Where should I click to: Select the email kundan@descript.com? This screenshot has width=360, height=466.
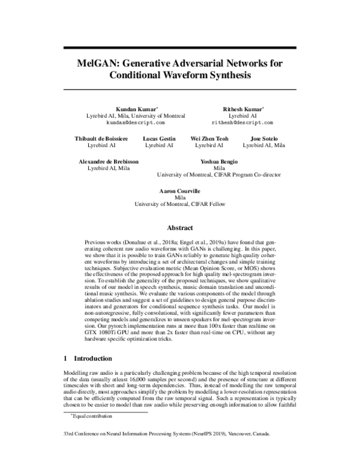click(135, 122)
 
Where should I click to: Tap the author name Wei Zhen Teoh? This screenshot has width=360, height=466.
click(209, 138)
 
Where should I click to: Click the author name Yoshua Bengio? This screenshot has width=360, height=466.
click(219, 162)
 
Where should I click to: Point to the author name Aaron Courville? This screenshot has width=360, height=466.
click(180, 190)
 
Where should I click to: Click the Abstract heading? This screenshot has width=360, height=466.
click(180, 228)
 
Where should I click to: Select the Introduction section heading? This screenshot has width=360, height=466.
click(92, 358)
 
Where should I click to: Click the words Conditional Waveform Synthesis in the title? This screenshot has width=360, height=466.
click(180, 76)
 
